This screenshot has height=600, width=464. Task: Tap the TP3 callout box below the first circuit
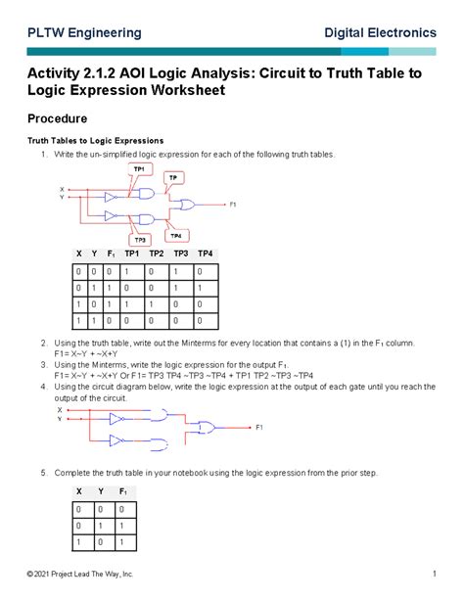140,239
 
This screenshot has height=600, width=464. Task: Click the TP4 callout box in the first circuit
175,235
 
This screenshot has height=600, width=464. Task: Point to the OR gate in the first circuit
183,206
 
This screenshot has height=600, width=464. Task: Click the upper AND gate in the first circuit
147,194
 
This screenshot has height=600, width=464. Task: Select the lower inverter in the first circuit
114,215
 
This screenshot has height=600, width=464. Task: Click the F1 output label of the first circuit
233,206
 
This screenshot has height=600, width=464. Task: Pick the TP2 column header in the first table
157,254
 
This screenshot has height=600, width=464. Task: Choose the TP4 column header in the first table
204,254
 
